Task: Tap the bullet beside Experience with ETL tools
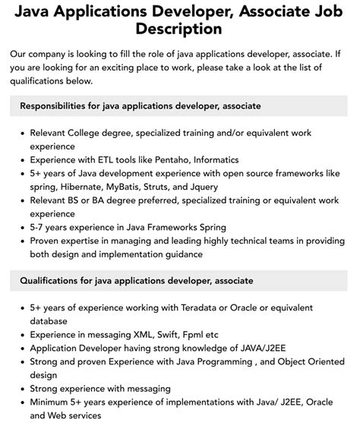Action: click(x=21, y=160)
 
